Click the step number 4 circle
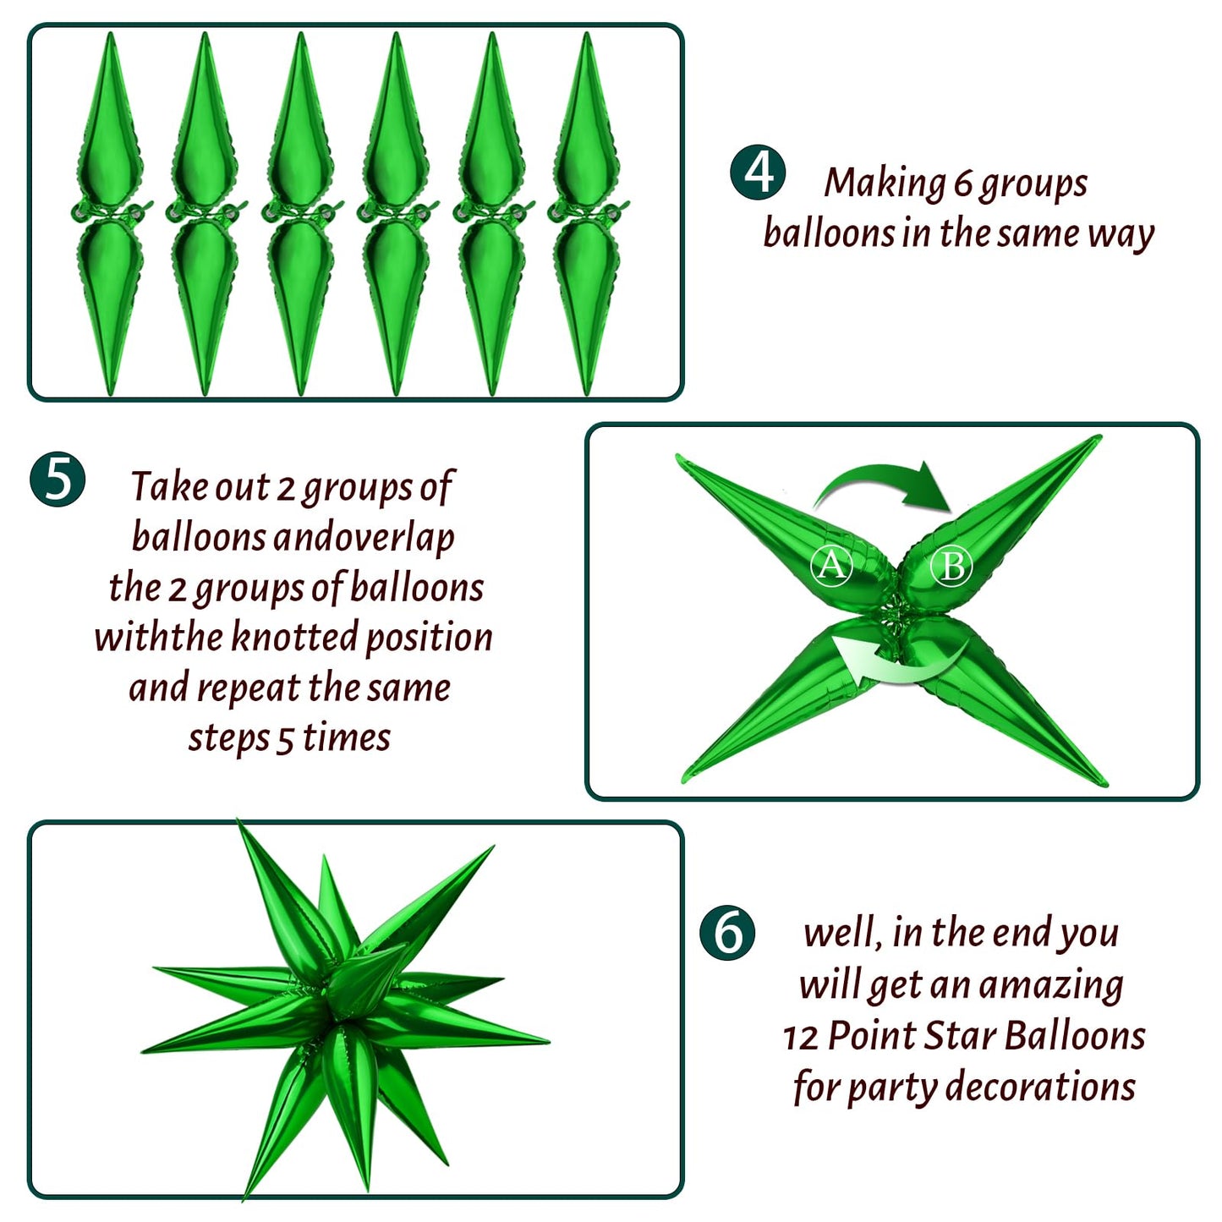pos(757,172)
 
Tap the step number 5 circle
pos(58,479)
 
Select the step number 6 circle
pos(727,932)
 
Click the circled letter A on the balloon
pos(831,565)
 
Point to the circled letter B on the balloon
pos(951,565)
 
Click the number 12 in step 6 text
pos(802,1038)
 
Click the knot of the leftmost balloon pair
pos(110,213)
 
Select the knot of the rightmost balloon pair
pos(587,213)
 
